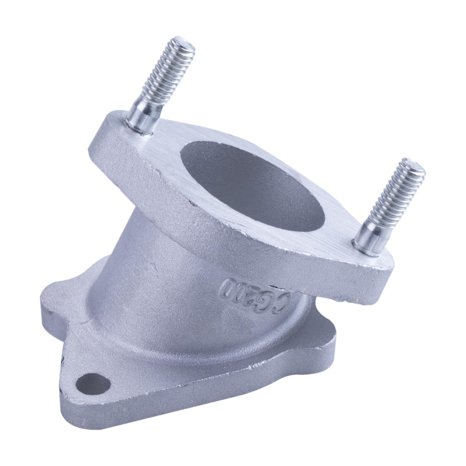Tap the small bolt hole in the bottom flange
point(93,384)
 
